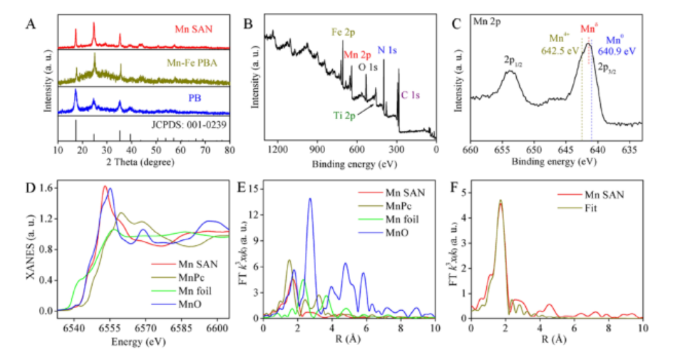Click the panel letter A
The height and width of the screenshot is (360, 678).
tap(31, 25)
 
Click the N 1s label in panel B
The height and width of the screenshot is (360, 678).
tap(387, 49)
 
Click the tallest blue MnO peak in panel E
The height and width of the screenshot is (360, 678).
tap(310, 199)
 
